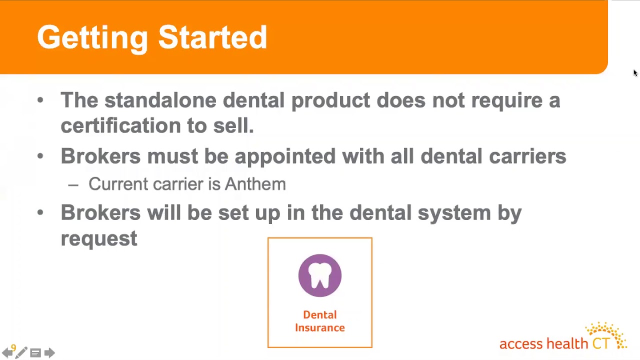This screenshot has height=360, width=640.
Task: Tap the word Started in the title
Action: point(212,38)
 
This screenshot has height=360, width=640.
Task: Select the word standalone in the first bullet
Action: point(160,100)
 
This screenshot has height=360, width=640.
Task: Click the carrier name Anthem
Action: point(255,184)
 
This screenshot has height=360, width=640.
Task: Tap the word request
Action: point(99,238)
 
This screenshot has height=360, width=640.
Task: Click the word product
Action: point(330,100)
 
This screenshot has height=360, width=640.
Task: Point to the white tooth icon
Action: point(320,275)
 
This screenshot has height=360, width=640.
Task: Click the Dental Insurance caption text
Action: point(320,321)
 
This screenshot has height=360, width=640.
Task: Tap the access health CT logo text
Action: point(544,344)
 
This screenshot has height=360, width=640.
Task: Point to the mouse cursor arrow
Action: point(635,73)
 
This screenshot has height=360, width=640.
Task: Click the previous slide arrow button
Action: point(7,353)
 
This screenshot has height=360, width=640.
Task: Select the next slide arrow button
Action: point(49,353)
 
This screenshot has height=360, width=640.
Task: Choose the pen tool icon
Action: point(21,353)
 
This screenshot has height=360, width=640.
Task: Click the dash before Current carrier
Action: point(73,184)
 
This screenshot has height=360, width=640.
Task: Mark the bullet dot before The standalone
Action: point(40,100)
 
